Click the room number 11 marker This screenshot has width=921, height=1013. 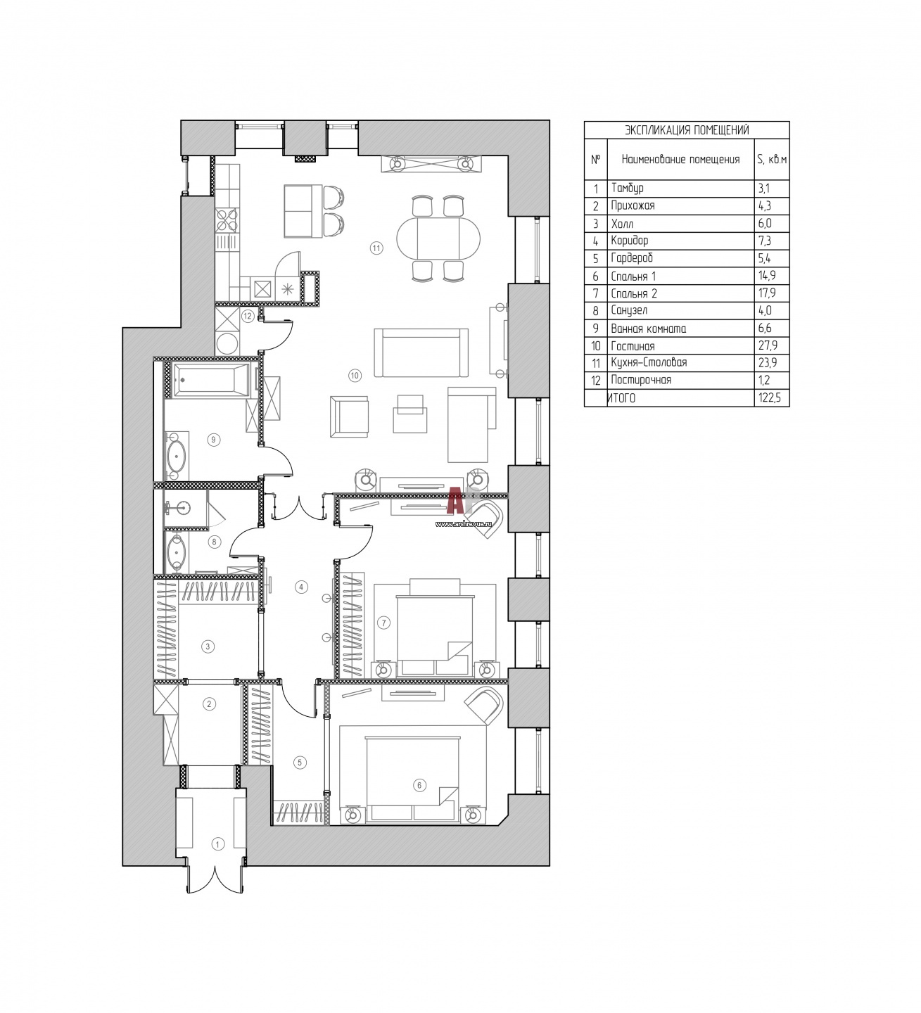[x=376, y=248]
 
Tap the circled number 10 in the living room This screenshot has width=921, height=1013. [x=355, y=375]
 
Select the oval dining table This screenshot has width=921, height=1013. [x=438, y=239]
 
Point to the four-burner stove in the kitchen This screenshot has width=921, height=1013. [x=227, y=220]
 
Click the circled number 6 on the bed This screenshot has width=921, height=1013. [x=419, y=785]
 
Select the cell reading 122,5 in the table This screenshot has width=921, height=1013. [x=770, y=398]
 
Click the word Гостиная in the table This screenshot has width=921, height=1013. [x=633, y=346]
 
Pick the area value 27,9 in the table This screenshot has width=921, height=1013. [x=768, y=345]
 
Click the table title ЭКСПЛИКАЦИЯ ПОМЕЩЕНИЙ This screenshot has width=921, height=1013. [x=687, y=130]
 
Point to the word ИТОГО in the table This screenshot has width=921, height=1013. [x=621, y=398]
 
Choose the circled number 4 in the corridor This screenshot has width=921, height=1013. [x=301, y=587]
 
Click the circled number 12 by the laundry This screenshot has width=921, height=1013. [x=247, y=317]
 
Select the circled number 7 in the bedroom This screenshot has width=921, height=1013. [x=383, y=623]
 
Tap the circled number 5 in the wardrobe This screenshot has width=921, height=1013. [x=300, y=762]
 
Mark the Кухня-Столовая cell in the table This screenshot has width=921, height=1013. [x=649, y=362]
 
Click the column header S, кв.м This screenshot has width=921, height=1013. [x=771, y=160]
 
